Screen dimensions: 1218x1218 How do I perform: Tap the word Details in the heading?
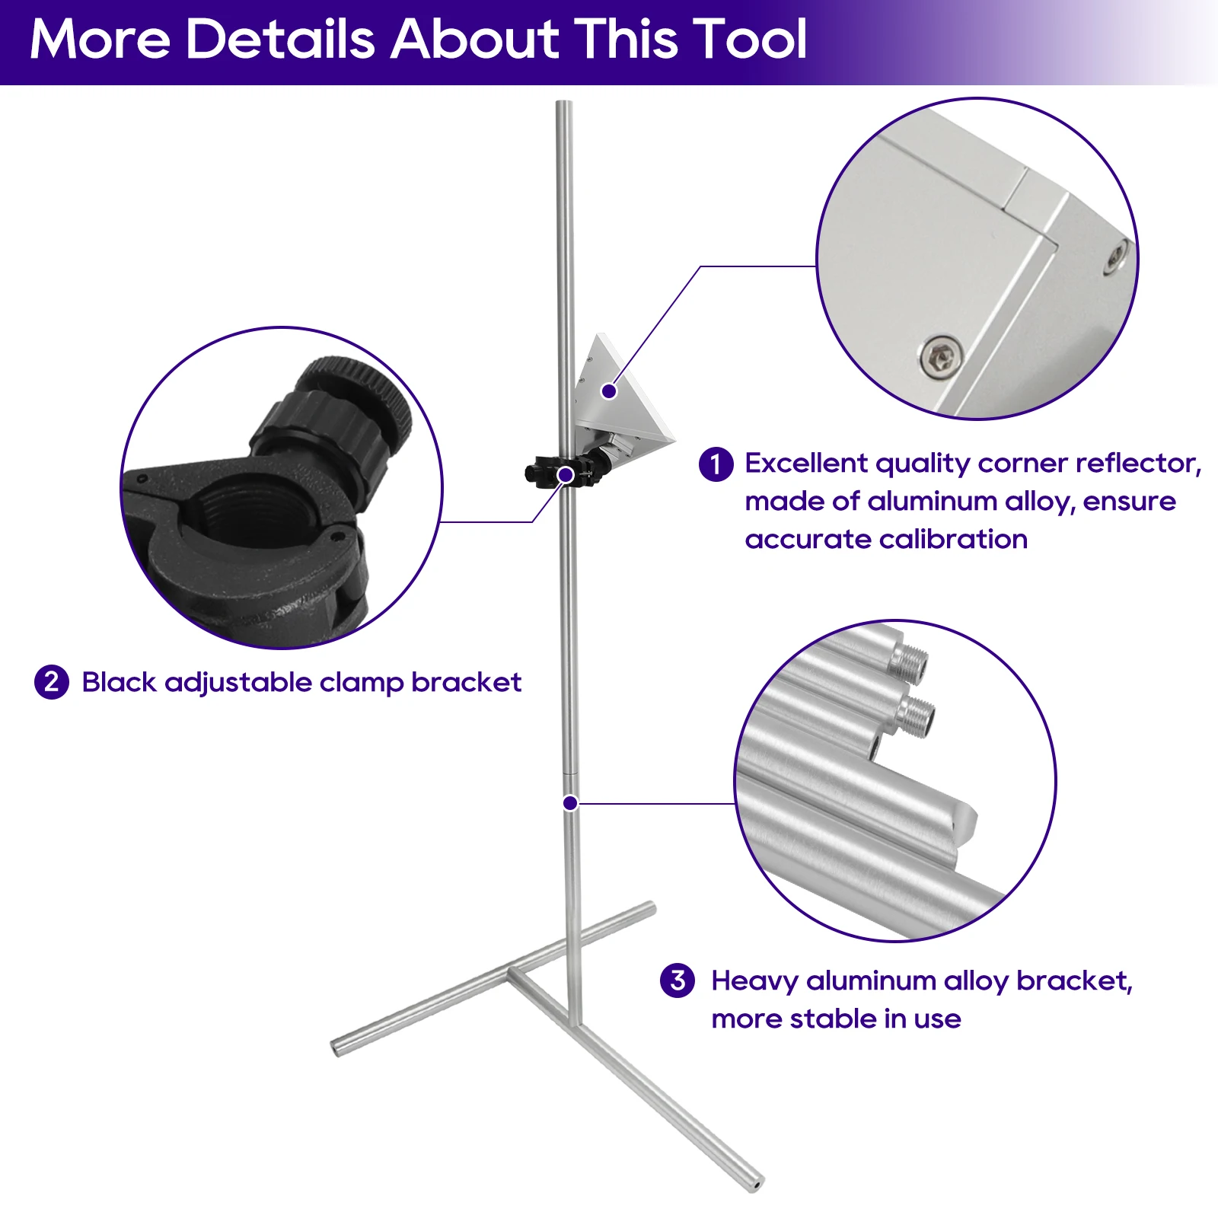point(280,39)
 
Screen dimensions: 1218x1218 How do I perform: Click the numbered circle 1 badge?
point(716,464)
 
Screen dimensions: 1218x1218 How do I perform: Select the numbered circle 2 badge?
point(52,682)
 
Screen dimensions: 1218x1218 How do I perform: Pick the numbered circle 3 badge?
point(678,980)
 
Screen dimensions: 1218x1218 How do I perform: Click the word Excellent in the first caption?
point(806,463)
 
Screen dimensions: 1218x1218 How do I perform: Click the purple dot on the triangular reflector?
point(609,391)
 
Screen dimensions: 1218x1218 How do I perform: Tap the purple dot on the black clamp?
point(566,476)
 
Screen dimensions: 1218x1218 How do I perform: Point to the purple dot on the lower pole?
point(570,803)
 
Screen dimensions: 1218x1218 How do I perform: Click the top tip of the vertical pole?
point(563,103)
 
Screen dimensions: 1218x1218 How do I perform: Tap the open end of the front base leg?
point(754,1184)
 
